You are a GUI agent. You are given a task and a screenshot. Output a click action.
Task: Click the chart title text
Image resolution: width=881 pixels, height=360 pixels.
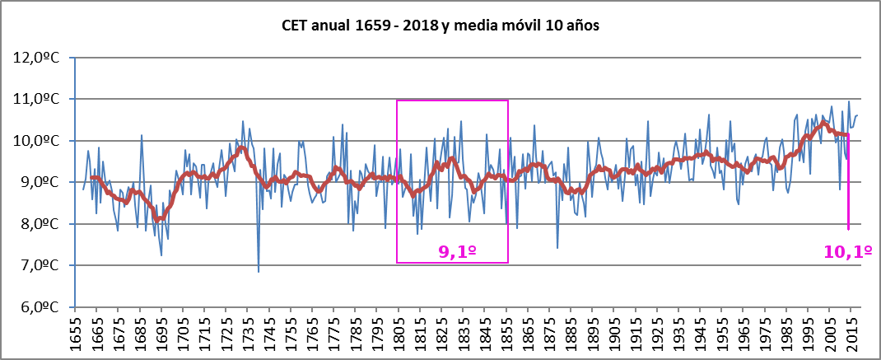pos(440,25)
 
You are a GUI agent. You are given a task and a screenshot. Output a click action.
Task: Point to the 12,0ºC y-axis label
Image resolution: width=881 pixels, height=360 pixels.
pos(40,58)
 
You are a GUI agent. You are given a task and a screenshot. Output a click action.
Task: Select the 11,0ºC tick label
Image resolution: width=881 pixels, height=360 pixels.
pos(40,99)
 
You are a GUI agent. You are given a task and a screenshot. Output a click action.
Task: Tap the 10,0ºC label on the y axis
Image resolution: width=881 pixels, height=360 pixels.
pos(40,141)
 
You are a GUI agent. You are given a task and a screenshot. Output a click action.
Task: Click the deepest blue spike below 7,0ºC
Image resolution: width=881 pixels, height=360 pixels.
pos(259,270)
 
